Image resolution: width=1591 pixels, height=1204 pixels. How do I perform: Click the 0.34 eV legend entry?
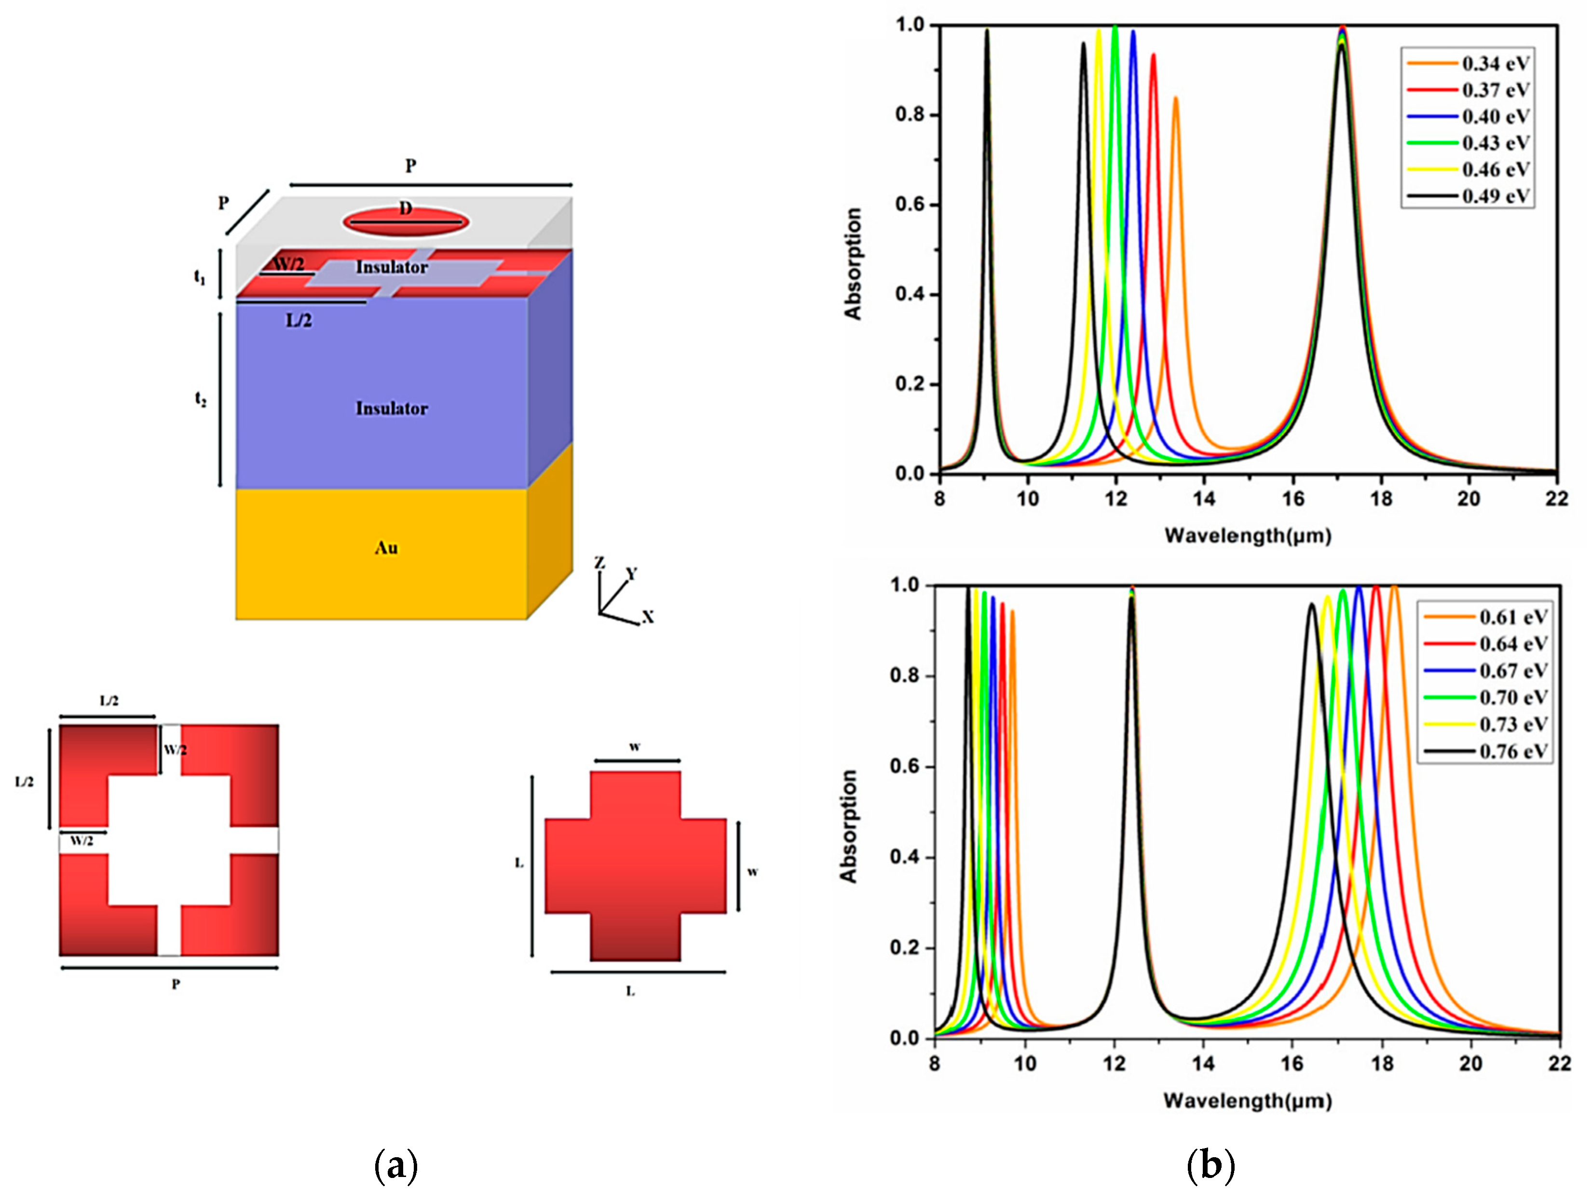(1495, 64)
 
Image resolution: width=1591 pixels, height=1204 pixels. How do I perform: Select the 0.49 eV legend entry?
(1495, 196)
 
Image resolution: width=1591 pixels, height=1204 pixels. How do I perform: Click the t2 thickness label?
(201, 400)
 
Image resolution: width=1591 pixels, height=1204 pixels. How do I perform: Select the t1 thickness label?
(200, 276)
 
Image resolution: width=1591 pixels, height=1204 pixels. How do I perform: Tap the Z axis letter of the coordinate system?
(599, 562)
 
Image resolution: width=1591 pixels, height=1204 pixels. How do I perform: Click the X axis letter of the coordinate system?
(648, 617)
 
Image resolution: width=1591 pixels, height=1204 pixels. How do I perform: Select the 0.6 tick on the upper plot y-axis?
(910, 205)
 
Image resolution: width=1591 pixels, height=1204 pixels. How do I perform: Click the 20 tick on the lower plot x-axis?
(1470, 1064)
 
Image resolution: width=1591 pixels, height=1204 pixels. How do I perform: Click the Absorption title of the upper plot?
(853, 264)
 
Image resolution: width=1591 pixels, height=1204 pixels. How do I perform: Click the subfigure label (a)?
(395, 1166)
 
